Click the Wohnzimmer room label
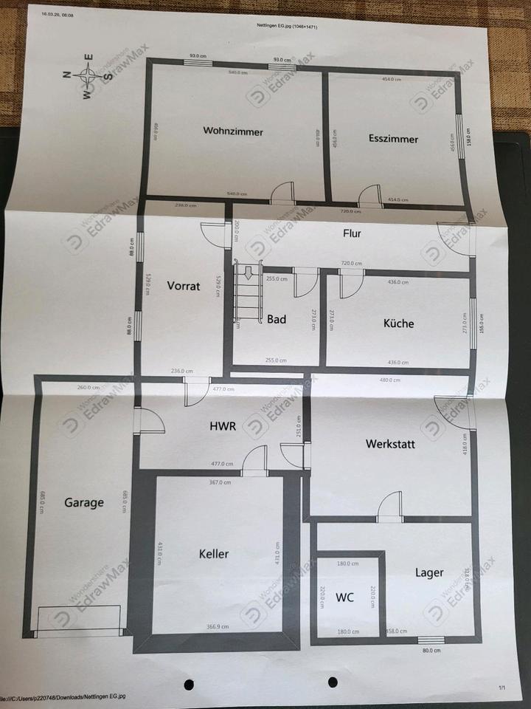233,131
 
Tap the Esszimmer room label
393,139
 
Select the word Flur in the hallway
353,234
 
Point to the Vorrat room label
183,286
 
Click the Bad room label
277,320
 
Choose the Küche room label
398,323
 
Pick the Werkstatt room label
390,445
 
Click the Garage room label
83,503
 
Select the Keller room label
214,554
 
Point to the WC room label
344,597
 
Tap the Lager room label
429,572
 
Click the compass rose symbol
88,74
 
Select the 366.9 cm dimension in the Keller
217,625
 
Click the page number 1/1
502,688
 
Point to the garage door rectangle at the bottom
78,620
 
